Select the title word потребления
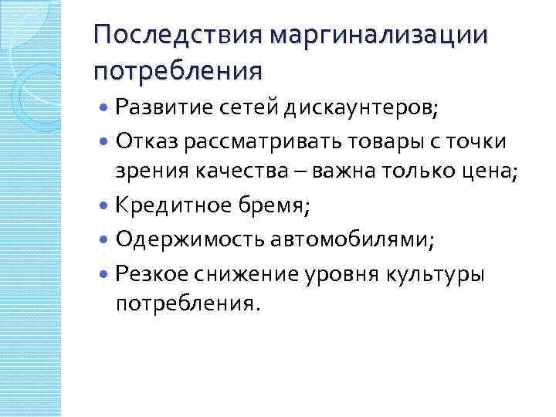(x=178, y=72)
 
